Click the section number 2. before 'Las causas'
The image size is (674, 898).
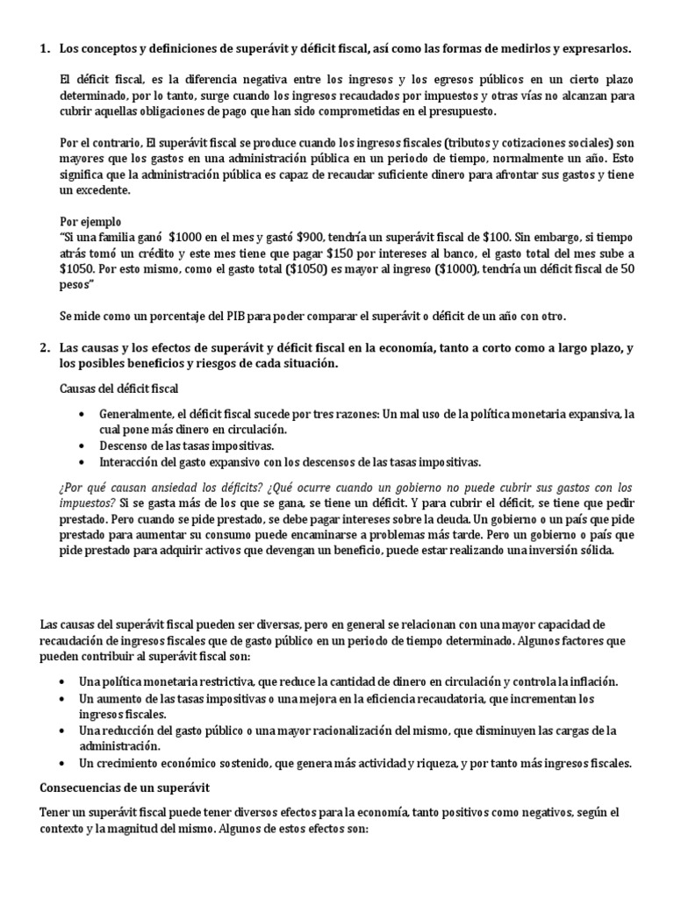coord(45,348)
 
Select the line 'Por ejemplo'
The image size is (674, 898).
coord(90,222)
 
